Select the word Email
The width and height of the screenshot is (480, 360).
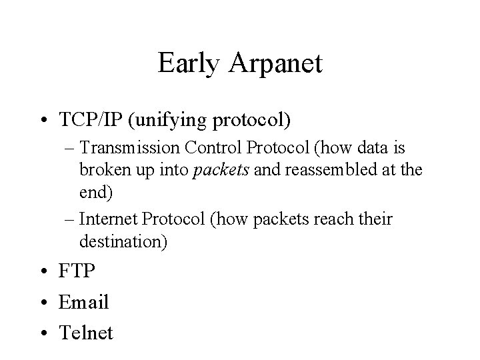83,302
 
